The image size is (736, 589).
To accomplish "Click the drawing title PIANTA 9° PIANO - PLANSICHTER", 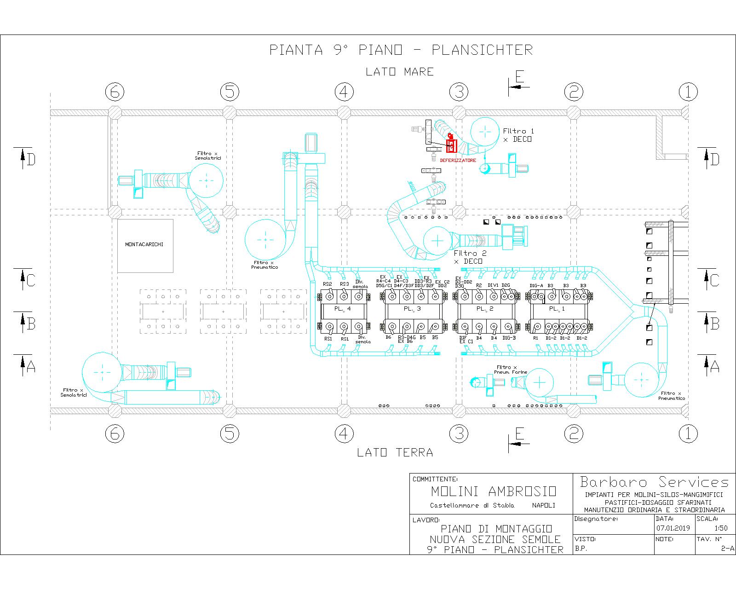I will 401,50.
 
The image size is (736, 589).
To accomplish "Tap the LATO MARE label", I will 399,72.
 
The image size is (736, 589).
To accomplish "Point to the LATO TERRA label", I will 395,453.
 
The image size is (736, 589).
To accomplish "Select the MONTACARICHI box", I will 144,245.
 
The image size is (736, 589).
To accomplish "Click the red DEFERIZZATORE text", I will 458,161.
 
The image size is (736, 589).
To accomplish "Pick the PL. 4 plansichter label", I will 343,309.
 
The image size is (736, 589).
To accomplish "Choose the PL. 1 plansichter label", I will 557,309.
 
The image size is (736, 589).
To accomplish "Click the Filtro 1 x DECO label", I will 518,135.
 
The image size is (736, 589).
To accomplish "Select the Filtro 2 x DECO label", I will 470,257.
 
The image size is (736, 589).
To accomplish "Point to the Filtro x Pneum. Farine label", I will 510,370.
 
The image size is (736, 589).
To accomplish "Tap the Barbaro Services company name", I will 655,482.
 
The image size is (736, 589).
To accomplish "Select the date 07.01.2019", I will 673,528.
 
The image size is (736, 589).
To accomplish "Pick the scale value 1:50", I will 721,528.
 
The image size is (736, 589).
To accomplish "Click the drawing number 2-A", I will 728,548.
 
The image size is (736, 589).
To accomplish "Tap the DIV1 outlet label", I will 493,285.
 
